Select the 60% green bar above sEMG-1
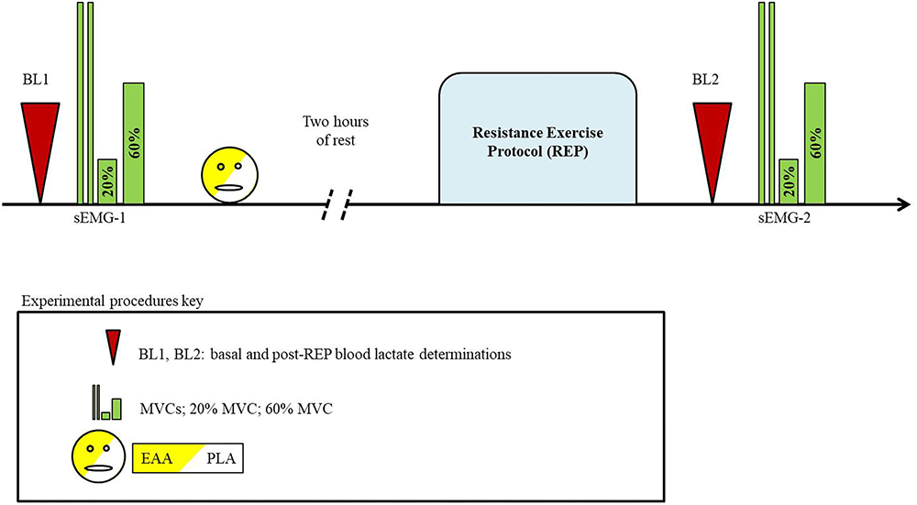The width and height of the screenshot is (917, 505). (x=134, y=142)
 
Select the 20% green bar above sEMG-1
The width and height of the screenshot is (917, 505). (x=107, y=181)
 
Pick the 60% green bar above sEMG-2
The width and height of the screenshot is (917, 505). (x=815, y=142)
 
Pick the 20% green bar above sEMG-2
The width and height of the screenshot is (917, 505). (x=788, y=181)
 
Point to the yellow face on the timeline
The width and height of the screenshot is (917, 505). (x=231, y=171)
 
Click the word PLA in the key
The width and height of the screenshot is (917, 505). (x=218, y=456)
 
